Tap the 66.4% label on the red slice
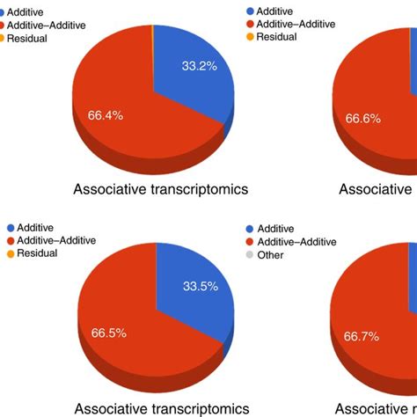[x=106, y=114]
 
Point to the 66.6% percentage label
[x=363, y=117]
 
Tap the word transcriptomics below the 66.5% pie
[x=188, y=408]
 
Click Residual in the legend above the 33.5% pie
[x=36, y=253]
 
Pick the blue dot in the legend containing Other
[x=249, y=228]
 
